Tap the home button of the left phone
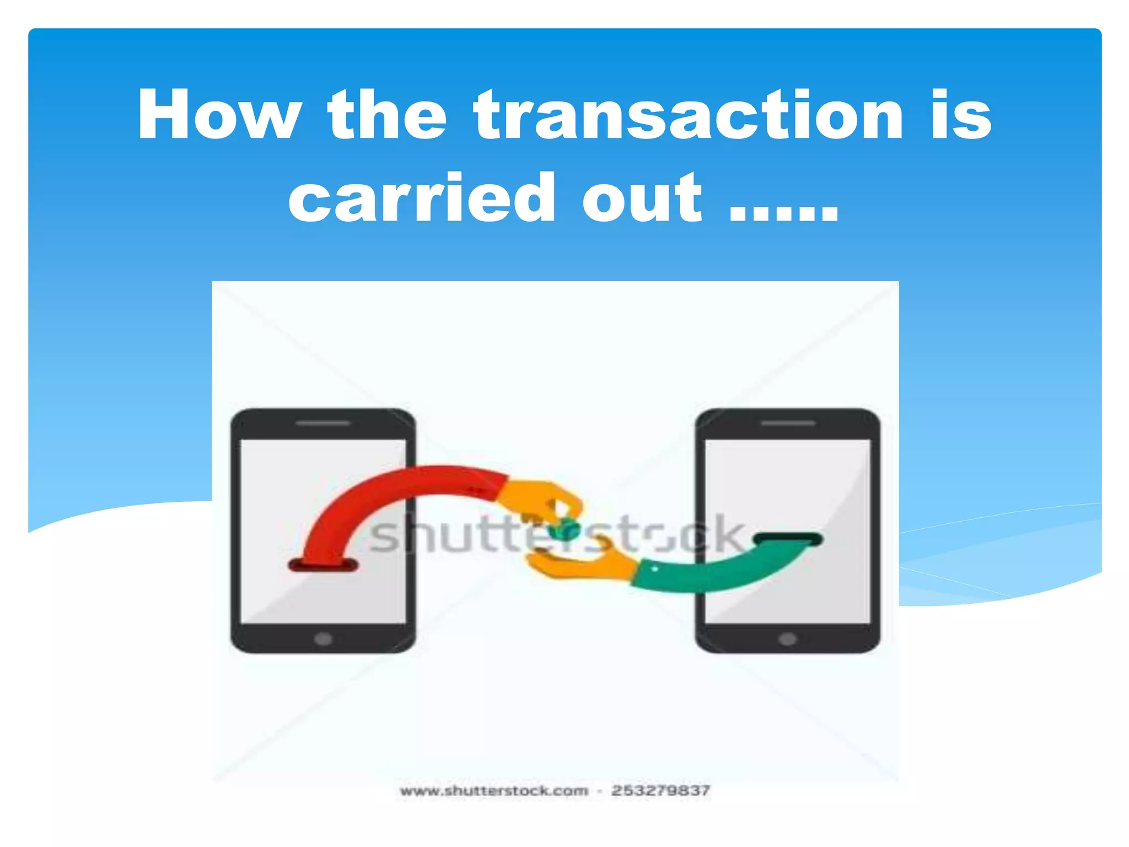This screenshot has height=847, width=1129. [323, 639]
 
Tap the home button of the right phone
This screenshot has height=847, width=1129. [787, 639]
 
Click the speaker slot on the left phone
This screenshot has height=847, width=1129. [323, 423]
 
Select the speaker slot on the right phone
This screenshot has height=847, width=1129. [788, 423]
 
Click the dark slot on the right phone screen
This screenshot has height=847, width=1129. [788, 539]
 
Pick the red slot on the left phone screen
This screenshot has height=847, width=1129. [323, 565]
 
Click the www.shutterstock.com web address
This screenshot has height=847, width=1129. [494, 791]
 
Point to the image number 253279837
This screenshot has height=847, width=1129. [660, 791]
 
